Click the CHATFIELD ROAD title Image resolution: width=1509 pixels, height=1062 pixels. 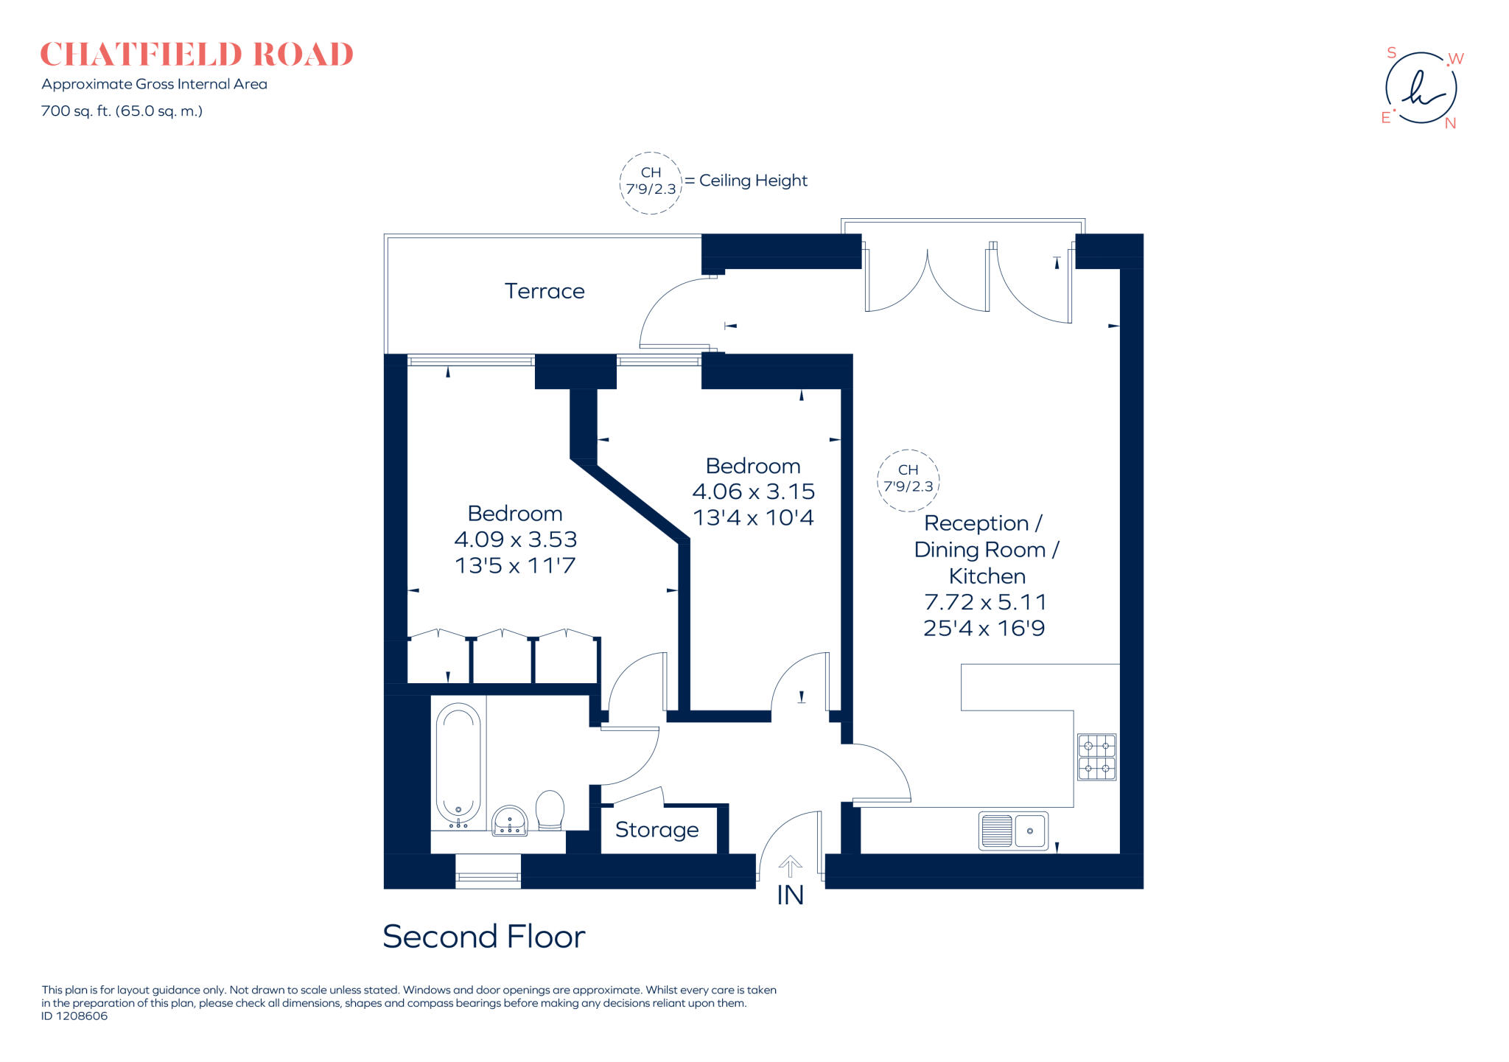(197, 55)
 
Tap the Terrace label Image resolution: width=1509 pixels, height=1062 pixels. (545, 291)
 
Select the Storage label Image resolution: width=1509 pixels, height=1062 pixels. (657, 830)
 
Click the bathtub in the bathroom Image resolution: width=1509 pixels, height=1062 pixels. (458, 766)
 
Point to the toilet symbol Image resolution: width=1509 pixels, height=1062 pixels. (550, 810)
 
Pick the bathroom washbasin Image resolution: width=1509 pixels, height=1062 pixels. (509, 820)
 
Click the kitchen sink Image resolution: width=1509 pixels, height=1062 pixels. (1013, 831)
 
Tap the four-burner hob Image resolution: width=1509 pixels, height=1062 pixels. (1097, 757)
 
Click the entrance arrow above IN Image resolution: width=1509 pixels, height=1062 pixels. (791, 866)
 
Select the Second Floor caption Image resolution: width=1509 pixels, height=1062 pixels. (484, 937)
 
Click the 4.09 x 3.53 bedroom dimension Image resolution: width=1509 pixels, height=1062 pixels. (516, 539)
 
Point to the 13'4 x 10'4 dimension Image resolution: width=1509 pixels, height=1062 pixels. (753, 517)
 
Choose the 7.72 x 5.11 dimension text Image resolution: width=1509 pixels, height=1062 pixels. (985, 602)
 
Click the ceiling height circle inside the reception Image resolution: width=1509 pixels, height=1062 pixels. (908, 450)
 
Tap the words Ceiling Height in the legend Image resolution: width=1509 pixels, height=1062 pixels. (753, 181)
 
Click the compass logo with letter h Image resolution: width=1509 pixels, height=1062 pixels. (1421, 88)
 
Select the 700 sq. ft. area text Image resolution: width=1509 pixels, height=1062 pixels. (122, 111)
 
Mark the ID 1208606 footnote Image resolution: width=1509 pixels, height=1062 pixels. (74, 1016)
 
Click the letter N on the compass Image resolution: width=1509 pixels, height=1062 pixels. (1450, 124)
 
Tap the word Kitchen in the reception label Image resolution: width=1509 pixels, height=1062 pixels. (987, 576)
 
